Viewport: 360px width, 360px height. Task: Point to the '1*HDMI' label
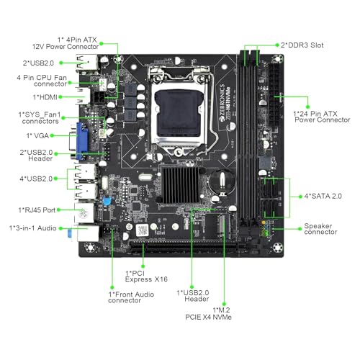45,96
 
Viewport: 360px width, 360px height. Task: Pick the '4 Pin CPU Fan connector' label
45,80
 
